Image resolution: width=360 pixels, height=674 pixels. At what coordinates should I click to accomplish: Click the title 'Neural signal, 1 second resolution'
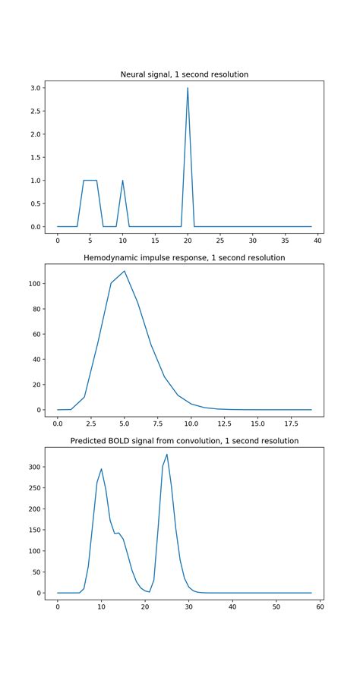(184, 74)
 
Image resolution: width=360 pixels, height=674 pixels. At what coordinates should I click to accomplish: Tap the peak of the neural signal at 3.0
(188, 88)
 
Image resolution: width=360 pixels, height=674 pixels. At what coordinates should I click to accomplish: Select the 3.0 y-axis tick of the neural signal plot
(36, 88)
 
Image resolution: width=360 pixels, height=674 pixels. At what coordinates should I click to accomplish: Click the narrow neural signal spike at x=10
(122, 181)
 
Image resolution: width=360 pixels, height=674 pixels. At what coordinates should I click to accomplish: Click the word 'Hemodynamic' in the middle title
(112, 258)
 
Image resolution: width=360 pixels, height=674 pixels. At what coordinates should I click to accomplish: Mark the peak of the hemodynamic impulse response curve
(124, 271)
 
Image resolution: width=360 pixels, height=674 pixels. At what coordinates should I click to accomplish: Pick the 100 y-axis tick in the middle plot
(34, 284)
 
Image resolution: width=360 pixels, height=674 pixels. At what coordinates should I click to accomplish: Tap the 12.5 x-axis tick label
(217, 424)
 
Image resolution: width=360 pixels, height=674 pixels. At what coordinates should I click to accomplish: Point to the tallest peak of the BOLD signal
(167, 455)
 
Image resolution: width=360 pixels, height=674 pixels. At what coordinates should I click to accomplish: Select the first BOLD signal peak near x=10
(101, 469)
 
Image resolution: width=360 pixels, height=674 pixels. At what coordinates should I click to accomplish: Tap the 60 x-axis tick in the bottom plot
(320, 607)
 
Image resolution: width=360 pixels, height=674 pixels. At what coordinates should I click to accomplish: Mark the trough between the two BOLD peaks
(149, 591)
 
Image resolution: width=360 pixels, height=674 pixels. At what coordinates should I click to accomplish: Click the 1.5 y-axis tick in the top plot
(36, 157)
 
